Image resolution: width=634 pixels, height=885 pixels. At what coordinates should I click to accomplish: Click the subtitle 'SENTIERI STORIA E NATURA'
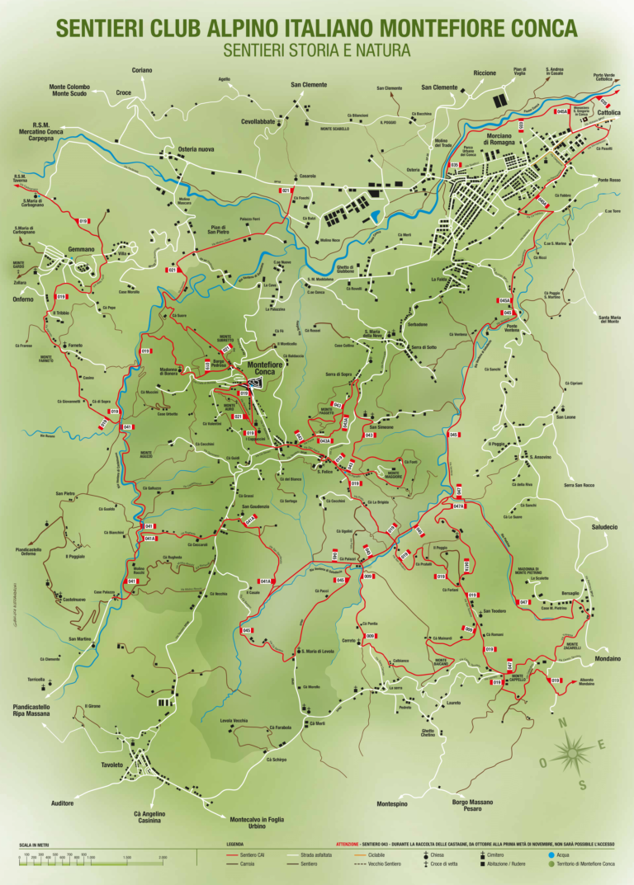pyautogui.click(x=316, y=50)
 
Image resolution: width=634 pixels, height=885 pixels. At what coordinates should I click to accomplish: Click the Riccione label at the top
pyautogui.click(x=485, y=73)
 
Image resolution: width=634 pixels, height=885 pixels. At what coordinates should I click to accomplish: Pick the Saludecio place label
pyautogui.click(x=604, y=527)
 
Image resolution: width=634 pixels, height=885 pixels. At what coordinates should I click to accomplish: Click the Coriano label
pyautogui.click(x=141, y=71)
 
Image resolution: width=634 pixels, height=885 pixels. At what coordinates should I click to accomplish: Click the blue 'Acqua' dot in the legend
pyautogui.click(x=551, y=855)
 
